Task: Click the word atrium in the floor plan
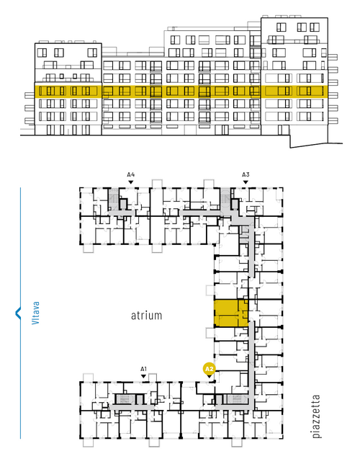[x=146, y=316]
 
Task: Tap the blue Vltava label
[x=35, y=313]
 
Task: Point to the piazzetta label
[x=316, y=416]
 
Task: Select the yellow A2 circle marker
[x=209, y=369]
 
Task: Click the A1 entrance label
[x=143, y=369]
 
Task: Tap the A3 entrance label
[x=246, y=175]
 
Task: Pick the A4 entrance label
[x=131, y=175]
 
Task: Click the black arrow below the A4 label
[x=131, y=182]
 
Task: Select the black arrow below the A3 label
[x=246, y=182]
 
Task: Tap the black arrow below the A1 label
[x=143, y=376]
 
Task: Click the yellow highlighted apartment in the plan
[x=231, y=313]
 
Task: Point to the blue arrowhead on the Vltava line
[x=18, y=313]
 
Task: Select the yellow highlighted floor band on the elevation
[x=181, y=92]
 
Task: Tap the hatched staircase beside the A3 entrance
[x=225, y=199]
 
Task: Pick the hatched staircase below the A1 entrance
[x=125, y=399]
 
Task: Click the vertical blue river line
[x=20, y=313]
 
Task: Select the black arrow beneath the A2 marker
[x=209, y=376]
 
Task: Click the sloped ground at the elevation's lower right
[x=316, y=145]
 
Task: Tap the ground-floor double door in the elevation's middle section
[x=224, y=130]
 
